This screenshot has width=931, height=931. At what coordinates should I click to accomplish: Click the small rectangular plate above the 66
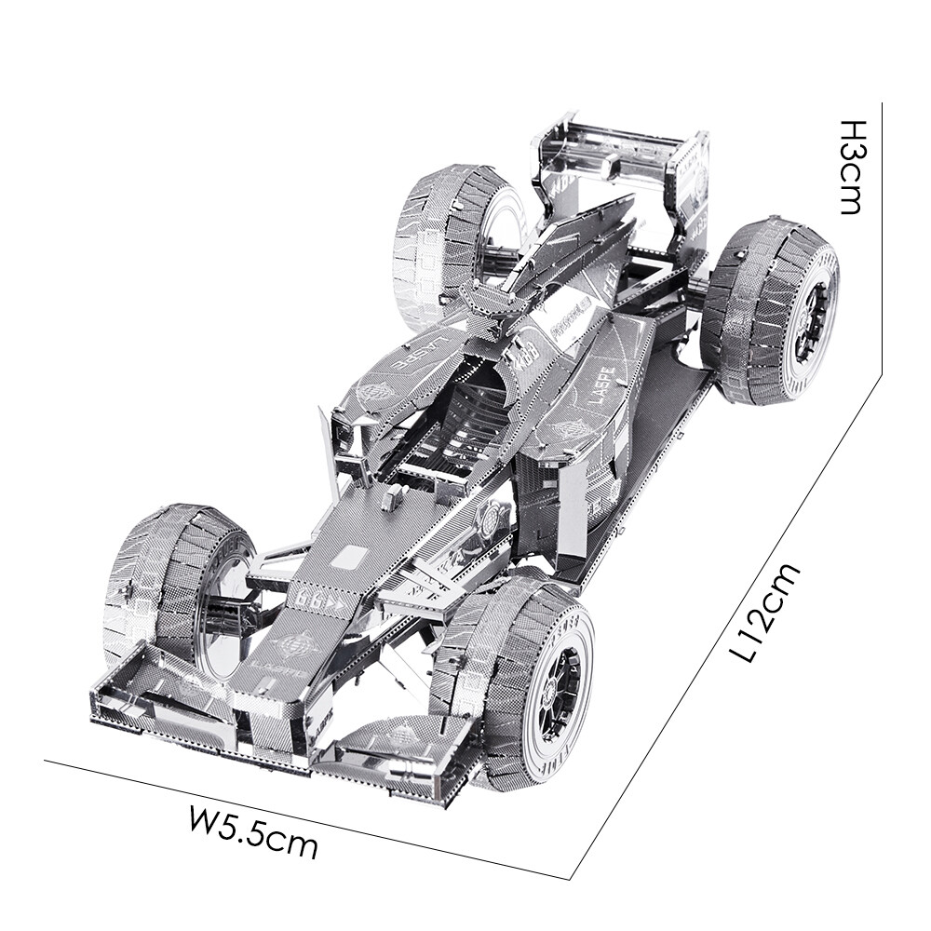point(347,558)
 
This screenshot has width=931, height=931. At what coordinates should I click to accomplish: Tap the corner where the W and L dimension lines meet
point(570,877)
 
